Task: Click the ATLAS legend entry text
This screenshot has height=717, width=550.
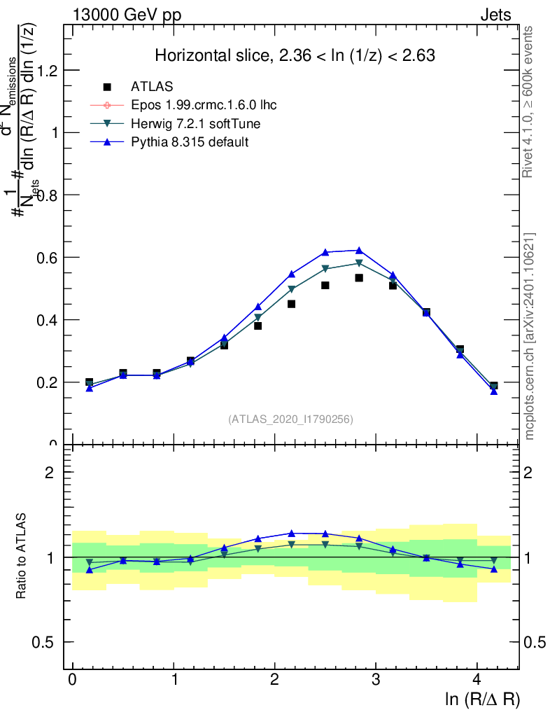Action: [x=152, y=87]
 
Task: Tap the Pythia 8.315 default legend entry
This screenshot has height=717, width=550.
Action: [x=190, y=142]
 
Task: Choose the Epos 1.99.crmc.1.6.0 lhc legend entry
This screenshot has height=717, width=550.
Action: [x=204, y=105]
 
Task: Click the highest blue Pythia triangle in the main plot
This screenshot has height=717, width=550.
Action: [x=359, y=250]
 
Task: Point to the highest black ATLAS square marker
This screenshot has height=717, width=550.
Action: [x=359, y=278]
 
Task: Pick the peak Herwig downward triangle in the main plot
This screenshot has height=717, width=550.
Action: [x=359, y=264]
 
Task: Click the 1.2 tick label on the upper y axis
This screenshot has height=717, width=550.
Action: [x=48, y=71]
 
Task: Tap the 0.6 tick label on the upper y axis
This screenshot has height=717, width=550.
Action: [x=48, y=258]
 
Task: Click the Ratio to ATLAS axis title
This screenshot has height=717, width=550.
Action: [x=23, y=556]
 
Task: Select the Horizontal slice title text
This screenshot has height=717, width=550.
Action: [x=295, y=56]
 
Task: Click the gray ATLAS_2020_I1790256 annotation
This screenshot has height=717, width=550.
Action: [x=290, y=419]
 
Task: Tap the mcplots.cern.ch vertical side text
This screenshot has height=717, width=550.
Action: [x=530, y=336]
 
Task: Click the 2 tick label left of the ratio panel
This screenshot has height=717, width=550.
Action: [x=49, y=472]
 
